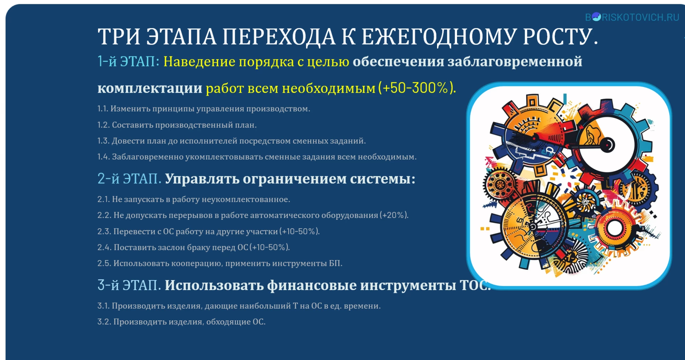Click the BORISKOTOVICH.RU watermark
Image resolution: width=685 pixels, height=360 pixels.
(x=632, y=17)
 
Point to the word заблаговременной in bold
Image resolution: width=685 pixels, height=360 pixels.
(x=515, y=61)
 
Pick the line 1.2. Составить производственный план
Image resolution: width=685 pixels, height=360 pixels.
(x=177, y=125)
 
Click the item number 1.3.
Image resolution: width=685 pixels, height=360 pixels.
(x=103, y=141)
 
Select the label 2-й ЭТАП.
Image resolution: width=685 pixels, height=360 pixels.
(x=130, y=178)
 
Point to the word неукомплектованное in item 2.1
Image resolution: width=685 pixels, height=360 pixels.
(x=246, y=199)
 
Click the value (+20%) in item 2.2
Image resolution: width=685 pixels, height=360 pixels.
(x=394, y=215)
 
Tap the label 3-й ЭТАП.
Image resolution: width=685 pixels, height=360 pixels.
(x=129, y=285)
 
